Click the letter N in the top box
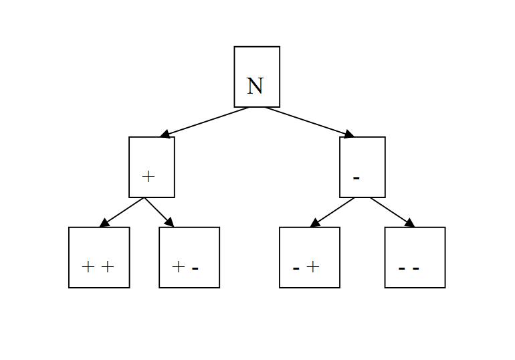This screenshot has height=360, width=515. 255,86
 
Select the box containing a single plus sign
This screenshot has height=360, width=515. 152,167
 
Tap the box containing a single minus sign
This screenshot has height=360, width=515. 363,167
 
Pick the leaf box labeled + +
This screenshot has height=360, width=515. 99,258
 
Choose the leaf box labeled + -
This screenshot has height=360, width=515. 189,258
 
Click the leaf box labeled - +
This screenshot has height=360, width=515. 310,258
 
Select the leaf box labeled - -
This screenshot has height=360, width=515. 415,258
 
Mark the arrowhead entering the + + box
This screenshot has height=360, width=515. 104,223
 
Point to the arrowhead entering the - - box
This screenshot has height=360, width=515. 410,223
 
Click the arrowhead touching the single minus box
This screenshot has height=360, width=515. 348,134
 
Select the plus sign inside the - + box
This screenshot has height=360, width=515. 313,267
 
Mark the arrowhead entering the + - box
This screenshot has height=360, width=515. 169,223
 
